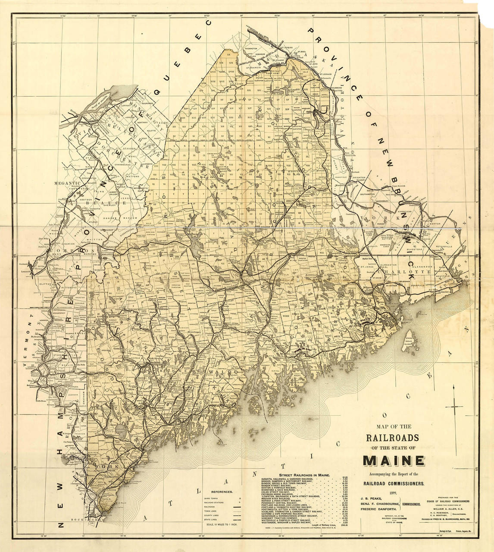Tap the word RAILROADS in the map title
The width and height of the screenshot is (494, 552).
392,437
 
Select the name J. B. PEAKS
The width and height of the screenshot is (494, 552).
369,499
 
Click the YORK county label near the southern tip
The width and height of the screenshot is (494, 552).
104,467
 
